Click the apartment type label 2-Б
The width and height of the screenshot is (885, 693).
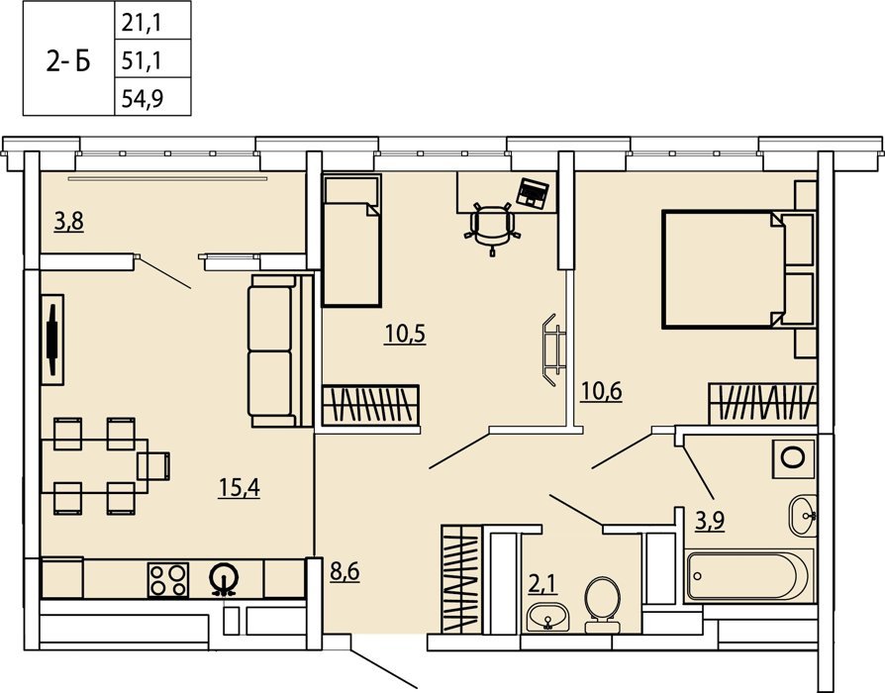[67, 61]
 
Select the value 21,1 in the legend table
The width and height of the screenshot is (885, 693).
[142, 23]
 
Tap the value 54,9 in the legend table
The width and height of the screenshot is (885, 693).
[143, 99]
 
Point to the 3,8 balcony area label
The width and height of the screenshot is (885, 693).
[69, 222]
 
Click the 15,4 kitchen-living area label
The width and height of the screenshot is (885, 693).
[240, 488]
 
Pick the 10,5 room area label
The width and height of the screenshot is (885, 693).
[405, 334]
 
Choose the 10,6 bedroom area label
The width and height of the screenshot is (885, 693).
[601, 390]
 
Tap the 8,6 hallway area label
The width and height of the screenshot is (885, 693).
[344, 572]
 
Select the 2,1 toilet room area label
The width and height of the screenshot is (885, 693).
[542, 584]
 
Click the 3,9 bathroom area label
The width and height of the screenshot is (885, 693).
[710, 521]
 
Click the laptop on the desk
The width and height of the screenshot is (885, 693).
[533, 192]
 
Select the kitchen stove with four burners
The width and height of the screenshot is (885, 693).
[168, 580]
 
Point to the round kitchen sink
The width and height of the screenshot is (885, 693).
[224, 578]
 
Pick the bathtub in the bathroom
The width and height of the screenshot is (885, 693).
[749, 576]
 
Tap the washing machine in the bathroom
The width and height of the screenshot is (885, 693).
[794, 457]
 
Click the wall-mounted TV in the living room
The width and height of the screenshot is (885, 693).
[52, 340]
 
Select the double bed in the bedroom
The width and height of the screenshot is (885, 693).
[738, 269]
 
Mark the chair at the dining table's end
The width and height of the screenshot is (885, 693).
[153, 466]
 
